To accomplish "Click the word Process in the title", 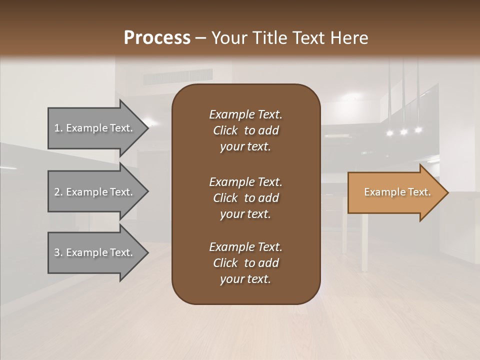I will point(157,38).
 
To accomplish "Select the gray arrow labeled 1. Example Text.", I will point(95,128).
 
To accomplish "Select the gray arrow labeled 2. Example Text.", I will point(95,192).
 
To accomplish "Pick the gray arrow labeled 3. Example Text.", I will point(95,252).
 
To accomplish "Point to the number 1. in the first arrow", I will point(58,128).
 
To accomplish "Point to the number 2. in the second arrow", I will point(58,192).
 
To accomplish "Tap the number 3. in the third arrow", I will point(58,252).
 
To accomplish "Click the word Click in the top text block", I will point(225,130).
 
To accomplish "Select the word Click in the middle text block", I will point(225,198).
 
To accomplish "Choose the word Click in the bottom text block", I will point(225,263).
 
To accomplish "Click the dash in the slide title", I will point(201,38).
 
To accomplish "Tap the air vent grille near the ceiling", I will point(177,76).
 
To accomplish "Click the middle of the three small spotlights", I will point(403,132).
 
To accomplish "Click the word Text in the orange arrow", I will point(419,192).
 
